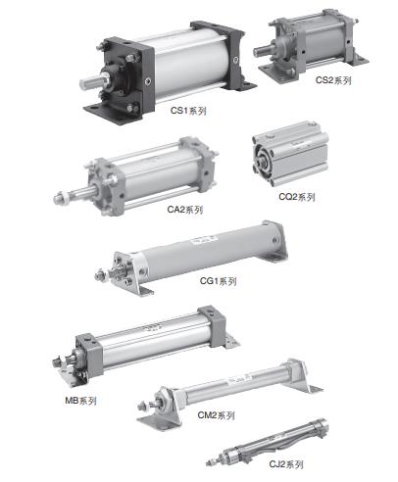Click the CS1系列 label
point(188,111)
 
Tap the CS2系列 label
point(333,80)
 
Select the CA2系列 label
point(185,210)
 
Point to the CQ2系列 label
point(297,197)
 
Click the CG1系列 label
point(218,281)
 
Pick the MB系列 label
point(80,401)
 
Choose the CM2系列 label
point(216,415)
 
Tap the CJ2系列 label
point(286,464)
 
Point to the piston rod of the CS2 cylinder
point(262,51)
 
